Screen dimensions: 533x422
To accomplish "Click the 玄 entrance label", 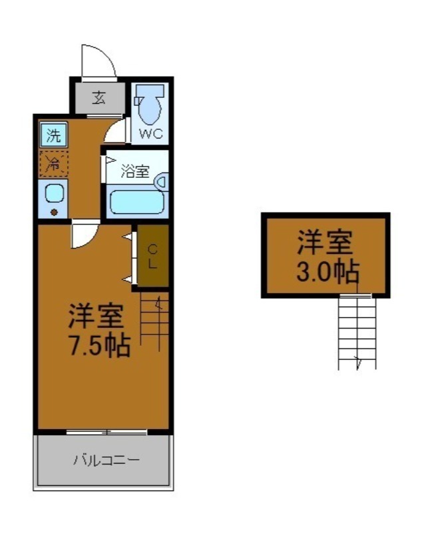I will tap(99, 98).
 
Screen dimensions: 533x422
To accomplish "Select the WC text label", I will tap(150, 133).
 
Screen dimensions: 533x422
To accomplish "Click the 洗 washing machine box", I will tap(53, 136).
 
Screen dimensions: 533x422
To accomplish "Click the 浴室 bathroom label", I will tap(136, 171).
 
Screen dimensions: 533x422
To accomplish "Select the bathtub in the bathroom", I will tap(136, 201).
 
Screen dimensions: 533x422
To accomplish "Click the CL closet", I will tap(152, 256).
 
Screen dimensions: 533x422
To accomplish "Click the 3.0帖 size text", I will tap(327, 272).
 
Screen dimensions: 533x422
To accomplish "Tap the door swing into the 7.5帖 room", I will tap(84, 235).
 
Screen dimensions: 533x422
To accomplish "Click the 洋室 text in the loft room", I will tap(325, 243).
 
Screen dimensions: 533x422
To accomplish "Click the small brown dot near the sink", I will tap(54, 213).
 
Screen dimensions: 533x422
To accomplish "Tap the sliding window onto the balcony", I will tap(106, 432).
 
